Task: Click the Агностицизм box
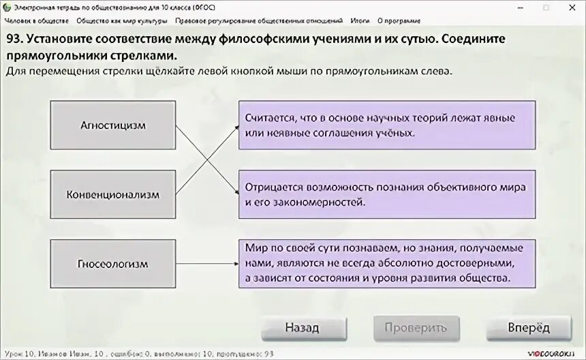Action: click(113, 125)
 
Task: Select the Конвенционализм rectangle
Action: click(113, 194)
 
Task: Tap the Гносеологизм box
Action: click(113, 263)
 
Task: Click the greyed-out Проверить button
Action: click(415, 328)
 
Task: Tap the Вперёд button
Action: click(529, 328)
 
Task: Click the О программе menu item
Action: click(399, 21)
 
